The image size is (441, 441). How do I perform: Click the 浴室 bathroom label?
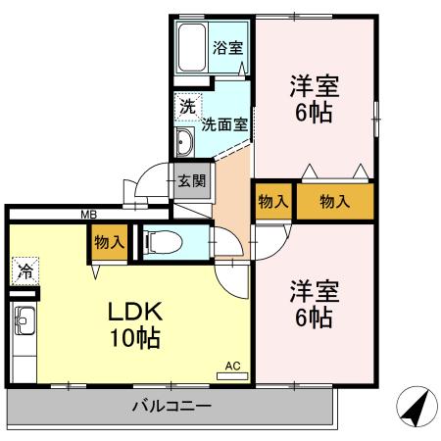point(229,46)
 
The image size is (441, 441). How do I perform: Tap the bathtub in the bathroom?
point(191,46)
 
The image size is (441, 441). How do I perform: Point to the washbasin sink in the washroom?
point(184,142)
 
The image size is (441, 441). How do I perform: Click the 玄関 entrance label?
point(191,179)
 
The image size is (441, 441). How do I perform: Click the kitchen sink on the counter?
point(24,320)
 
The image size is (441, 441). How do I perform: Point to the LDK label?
point(134,314)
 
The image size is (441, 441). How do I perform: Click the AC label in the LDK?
point(232,366)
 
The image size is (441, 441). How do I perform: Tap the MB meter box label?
point(88,215)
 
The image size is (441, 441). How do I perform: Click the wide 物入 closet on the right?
point(335,202)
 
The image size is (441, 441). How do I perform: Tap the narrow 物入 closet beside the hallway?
point(272,202)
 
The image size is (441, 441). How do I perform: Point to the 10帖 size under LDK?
point(134,340)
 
